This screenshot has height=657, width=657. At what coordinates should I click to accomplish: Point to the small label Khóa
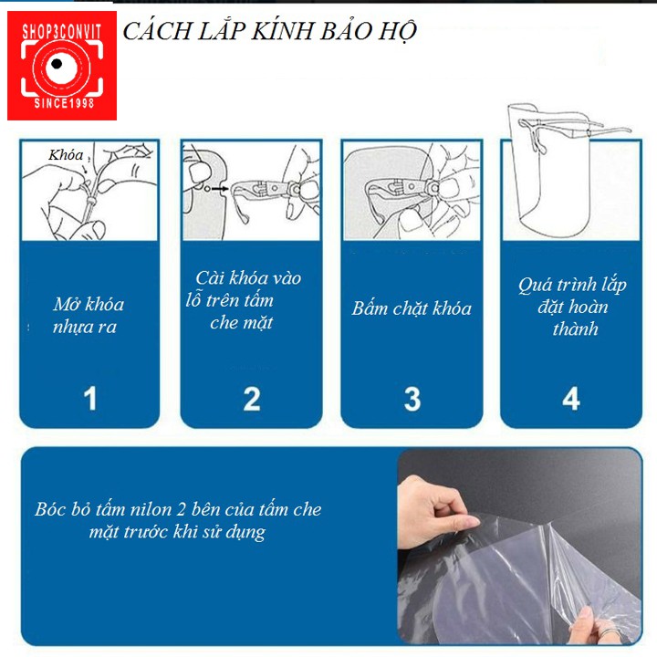(66, 156)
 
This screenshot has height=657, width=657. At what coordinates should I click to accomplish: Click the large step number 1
(89, 398)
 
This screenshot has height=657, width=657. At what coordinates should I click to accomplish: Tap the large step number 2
(251, 398)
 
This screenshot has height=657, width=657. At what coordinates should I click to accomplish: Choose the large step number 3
(412, 398)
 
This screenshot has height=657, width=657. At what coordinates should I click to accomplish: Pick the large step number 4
(571, 398)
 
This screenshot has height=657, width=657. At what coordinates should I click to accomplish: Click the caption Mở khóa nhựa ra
(89, 316)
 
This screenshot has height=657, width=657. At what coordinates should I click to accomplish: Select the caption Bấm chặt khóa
(412, 308)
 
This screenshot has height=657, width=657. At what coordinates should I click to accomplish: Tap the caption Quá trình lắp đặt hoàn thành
(573, 308)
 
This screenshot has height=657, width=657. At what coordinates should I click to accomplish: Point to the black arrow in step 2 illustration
(221, 189)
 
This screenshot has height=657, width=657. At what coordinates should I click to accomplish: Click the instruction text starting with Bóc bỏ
(179, 520)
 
